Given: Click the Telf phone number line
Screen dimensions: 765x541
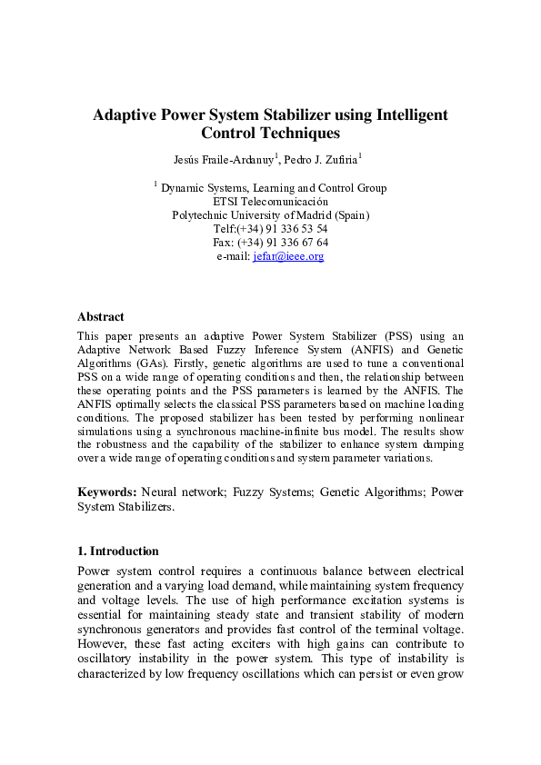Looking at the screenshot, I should click(x=270, y=229).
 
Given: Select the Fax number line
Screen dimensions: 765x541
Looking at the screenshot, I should click(x=270, y=243).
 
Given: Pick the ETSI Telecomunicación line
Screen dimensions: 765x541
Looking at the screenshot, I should click(x=270, y=202).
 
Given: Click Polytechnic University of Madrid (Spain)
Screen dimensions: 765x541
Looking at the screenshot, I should click(x=270, y=215).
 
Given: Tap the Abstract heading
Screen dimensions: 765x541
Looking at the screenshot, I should click(x=100, y=317).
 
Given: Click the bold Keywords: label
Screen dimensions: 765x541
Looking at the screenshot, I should click(x=107, y=492).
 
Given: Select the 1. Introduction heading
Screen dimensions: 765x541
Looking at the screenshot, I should click(x=118, y=551).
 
